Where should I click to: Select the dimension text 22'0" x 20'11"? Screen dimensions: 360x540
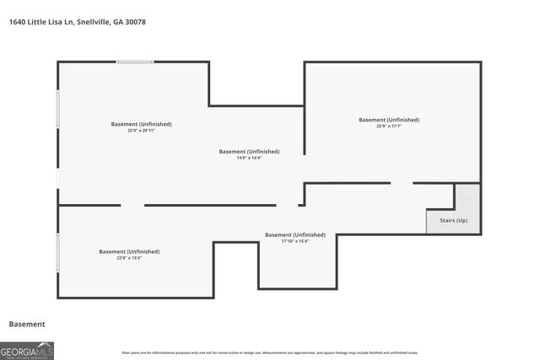pos(141,131)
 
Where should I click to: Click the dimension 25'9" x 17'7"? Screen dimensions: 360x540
pos(389,126)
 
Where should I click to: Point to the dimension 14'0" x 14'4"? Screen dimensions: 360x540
pos(249,158)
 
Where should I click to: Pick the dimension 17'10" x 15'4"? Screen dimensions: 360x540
pos(295,241)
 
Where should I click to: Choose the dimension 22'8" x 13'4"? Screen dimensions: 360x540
pos(129,258)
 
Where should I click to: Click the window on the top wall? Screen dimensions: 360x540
pos(135,62)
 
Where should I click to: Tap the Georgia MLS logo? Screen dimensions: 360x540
pos(27,348)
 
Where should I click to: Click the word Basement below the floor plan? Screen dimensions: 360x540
pos(27,324)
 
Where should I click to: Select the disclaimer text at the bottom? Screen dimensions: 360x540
pos(269,352)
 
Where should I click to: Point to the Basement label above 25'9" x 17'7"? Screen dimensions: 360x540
pos(389,120)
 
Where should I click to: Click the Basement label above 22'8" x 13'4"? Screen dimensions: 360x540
pos(129,251)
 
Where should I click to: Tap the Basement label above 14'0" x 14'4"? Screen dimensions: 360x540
pos(249,151)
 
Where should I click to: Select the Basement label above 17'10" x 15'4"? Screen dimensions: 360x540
pos(295,234)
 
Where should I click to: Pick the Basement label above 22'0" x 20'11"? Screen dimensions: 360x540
pos(141,124)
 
